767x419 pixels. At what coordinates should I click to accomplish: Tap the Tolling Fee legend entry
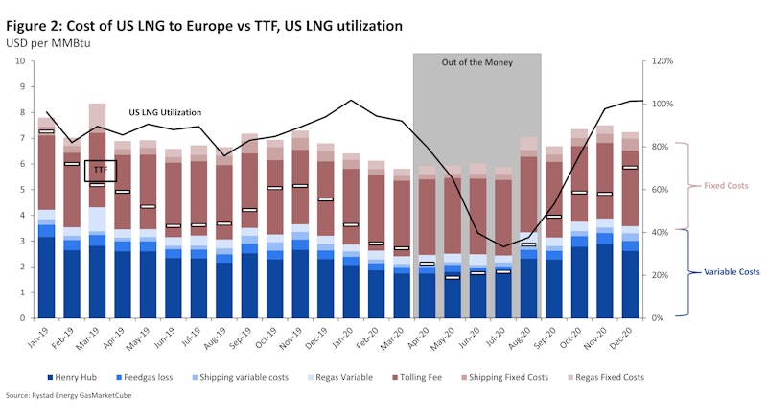coord(443,377)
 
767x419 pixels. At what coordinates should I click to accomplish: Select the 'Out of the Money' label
coord(476,62)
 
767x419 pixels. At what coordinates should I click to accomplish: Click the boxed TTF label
coord(100,170)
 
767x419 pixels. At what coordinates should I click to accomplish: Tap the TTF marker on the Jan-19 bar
coord(45,131)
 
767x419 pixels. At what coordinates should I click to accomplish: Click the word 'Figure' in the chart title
coord(28,23)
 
